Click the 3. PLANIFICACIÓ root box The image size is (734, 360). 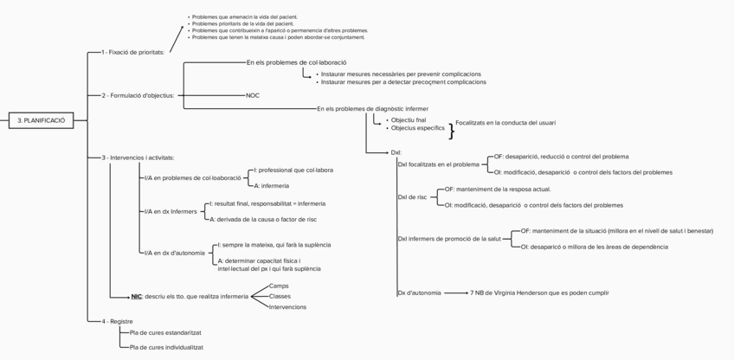[x=42, y=120]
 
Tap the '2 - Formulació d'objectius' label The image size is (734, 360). [x=138, y=95]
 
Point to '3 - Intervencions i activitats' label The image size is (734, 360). [x=138, y=157]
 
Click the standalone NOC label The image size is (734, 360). [x=253, y=95]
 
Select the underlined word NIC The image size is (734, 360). [x=137, y=297]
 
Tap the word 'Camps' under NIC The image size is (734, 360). [x=279, y=286]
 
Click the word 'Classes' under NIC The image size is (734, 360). [x=280, y=296]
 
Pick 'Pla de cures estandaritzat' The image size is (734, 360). [x=165, y=332]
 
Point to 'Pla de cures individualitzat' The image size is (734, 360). [x=166, y=347]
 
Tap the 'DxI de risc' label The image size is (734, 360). [x=412, y=197]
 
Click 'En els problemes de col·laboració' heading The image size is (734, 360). [x=296, y=63]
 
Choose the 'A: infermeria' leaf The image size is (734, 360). [x=271, y=186]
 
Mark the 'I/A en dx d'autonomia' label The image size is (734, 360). [x=175, y=253]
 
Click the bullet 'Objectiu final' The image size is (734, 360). [x=408, y=119]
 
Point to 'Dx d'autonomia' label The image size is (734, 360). [x=418, y=292]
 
